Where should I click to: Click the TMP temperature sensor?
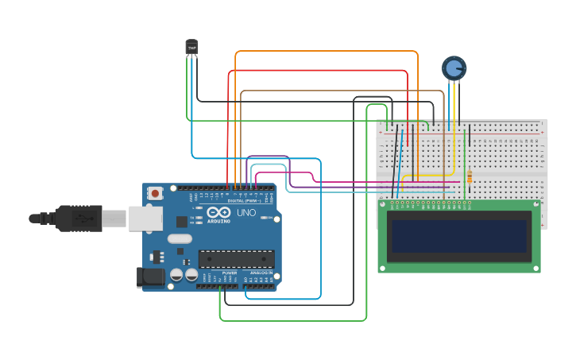point(191,48)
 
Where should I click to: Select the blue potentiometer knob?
point(454,68)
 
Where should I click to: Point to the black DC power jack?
point(150,277)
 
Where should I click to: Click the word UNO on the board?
point(246,213)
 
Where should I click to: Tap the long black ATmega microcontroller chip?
point(236,259)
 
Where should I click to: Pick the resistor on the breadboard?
point(469,177)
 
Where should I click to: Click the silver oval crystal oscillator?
point(180,238)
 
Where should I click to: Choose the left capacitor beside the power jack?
point(175,275)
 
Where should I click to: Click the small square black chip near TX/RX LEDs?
point(182,222)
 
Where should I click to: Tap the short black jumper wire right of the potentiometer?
point(470,136)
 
